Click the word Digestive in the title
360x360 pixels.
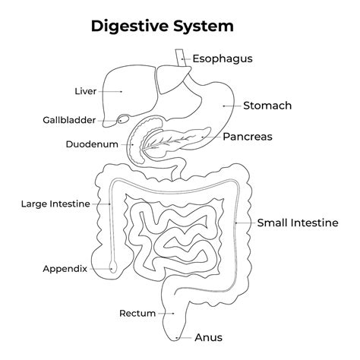click(125, 27)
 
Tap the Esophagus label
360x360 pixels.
click(222, 58)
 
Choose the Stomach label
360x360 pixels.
click(267, 106)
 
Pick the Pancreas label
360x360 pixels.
click(248, 137)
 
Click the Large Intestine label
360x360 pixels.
click(55, 204)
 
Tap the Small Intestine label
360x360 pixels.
click(297, 223)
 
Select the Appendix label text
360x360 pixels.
click(65, 268)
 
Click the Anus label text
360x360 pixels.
click(209, 337)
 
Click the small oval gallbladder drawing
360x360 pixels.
click(122, 120)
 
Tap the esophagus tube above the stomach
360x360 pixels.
click(179, 59)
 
